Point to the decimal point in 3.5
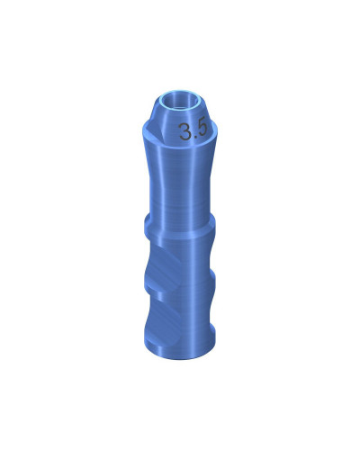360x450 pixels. pyautogui.click(x=197, y=137)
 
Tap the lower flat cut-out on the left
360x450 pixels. pyautogui.click(x=162, y=310)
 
